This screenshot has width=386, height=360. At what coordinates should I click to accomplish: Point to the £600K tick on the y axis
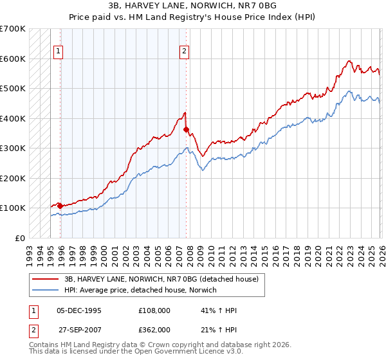(13, 59)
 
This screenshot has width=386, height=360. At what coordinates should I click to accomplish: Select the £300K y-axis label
(13, 148)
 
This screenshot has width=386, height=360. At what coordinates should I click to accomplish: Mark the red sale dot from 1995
(60, 206)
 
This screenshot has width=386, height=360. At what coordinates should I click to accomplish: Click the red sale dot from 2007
(185, 130)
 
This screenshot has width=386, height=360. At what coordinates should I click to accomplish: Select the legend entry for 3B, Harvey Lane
(161, 279)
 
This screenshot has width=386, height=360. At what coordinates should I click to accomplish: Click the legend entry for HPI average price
(140, 291)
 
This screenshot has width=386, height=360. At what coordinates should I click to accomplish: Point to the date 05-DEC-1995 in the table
(78, 310)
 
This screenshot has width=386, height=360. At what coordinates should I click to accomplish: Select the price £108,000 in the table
(154, 310)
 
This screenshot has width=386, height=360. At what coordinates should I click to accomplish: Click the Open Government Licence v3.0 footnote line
(136, 352)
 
